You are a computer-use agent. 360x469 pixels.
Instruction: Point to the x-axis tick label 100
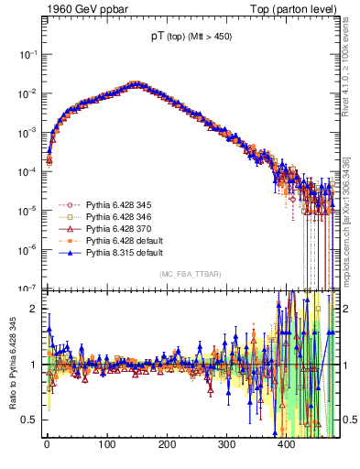point(106,444)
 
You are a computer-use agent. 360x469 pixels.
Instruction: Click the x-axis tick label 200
point(167,444)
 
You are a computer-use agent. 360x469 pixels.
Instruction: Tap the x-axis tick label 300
point(226,444)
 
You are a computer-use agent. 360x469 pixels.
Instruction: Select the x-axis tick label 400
point(287,444)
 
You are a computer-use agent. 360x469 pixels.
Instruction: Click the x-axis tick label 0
point(47,444)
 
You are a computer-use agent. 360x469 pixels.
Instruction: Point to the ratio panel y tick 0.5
point(32,420)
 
